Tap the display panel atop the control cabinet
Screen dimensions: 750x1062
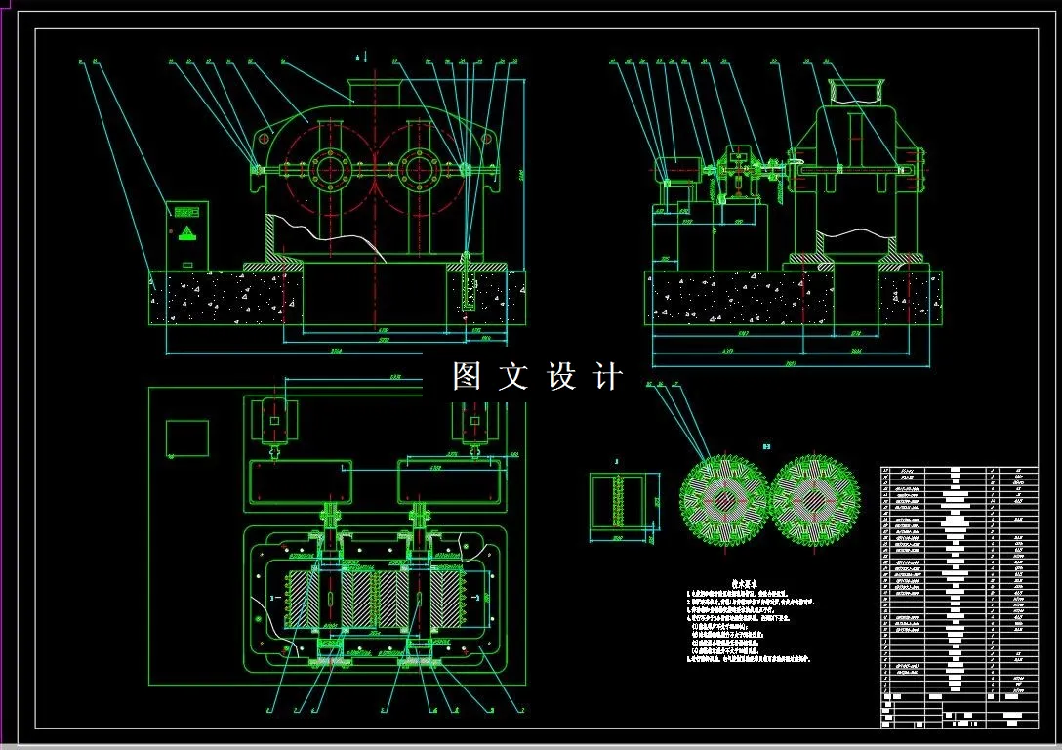[186, 210]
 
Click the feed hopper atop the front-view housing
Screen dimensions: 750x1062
[376, 92]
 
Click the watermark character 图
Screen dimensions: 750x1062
[466, 376]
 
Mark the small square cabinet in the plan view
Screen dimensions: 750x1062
[187, 438]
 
